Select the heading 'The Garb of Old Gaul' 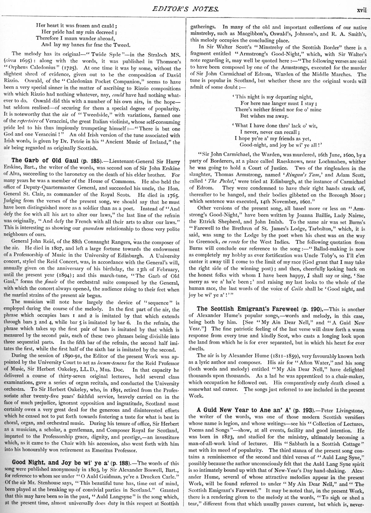pyautogui.click(x=45, y=160)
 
